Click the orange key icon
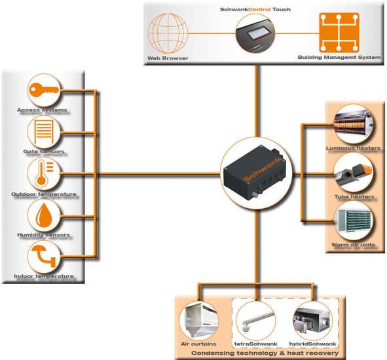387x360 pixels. point(44,90)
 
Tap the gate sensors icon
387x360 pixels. point(44,132)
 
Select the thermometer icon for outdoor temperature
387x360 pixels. point(44,173)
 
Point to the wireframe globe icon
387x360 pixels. point(168,33)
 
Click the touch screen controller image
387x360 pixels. point(255,33)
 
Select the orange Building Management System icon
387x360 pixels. point(339,33)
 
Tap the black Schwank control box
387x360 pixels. point(256,173)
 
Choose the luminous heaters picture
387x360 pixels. point(353,124)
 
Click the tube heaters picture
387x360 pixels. point(353,172)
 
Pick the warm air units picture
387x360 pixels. point(353,221)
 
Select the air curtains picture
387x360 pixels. point(198,321)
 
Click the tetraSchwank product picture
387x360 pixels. point(255,321)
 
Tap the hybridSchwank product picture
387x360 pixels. point(312,321)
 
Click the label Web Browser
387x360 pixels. point(168,58)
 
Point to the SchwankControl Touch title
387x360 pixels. point(255,9)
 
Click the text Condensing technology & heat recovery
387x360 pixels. point(265,353)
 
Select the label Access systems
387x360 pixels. point(42,110)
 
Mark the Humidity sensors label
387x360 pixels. point(44,234)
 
